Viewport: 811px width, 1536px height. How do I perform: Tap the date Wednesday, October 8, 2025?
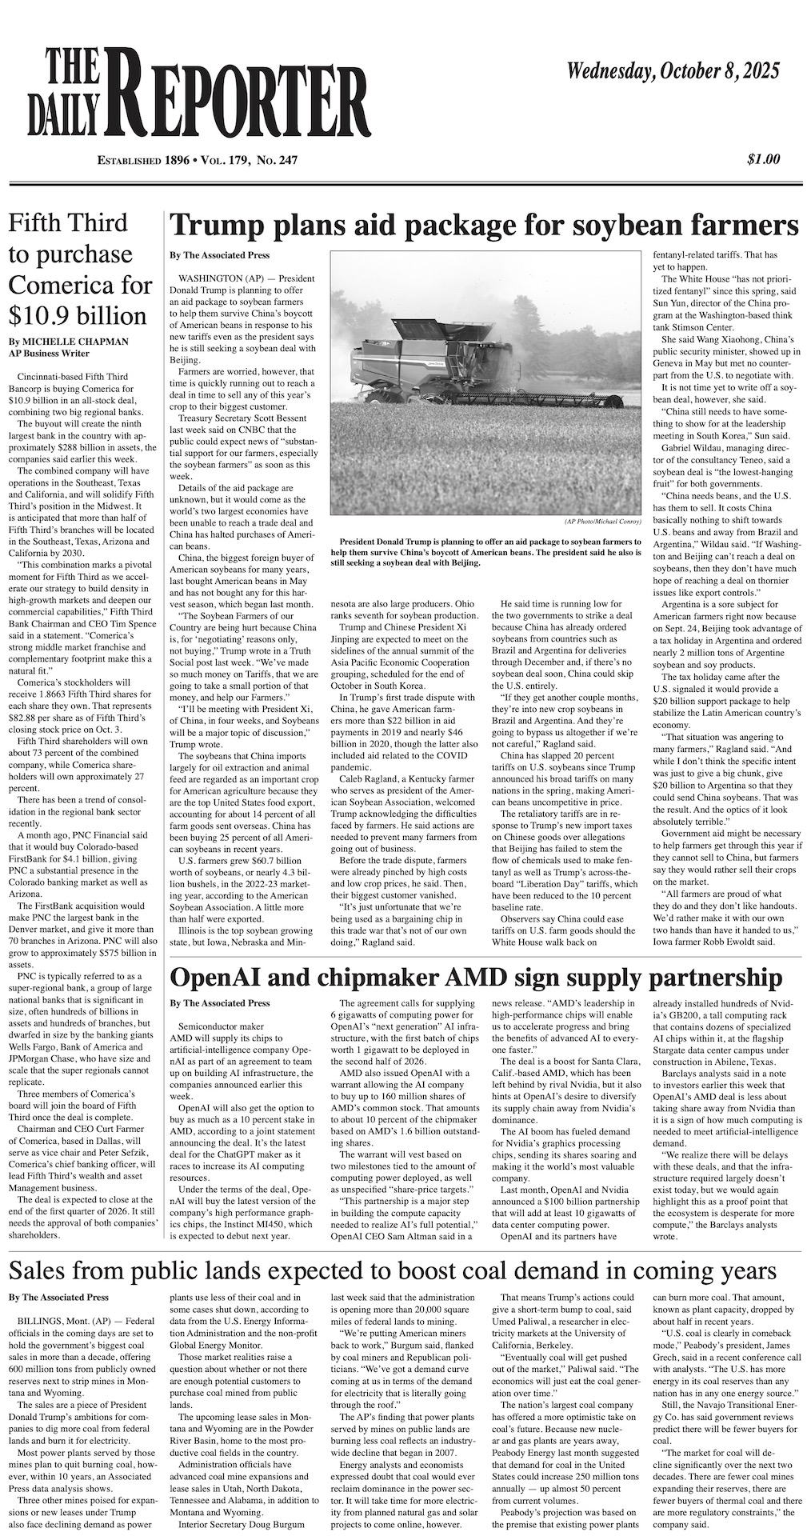673,73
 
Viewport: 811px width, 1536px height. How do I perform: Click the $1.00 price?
763,159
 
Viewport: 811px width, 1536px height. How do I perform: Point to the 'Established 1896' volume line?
197,161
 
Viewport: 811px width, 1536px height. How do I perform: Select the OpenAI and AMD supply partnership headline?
477,978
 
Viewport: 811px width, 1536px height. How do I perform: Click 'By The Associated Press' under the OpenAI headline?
219,1002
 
